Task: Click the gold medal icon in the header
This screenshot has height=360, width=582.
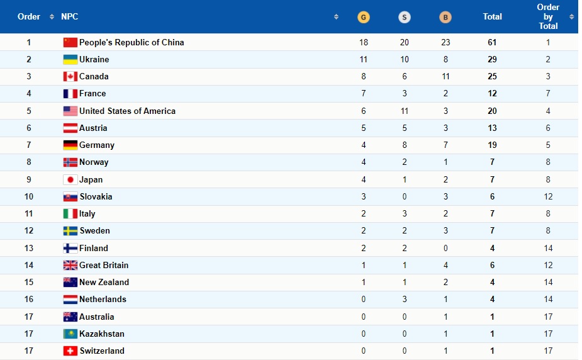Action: [363, 17]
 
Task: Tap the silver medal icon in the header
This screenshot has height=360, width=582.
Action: [405, 17]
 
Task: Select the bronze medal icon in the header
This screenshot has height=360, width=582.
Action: [445, 17]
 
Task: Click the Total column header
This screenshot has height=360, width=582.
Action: [492, 17]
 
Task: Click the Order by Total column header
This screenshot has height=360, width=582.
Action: [548, 17]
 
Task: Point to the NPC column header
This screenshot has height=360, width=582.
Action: [70, 17]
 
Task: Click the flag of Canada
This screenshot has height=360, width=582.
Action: [70, 77]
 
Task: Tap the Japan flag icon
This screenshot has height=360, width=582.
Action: [70, 179]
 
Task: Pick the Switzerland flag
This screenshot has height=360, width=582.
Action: [70, 351]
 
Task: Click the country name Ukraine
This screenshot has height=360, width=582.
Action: [94, 59]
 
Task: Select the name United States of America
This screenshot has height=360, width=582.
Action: [127, 111]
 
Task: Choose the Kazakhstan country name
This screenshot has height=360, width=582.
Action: [102, 334]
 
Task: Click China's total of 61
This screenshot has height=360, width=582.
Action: [492, 42]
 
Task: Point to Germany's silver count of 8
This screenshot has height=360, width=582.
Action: [405, 145]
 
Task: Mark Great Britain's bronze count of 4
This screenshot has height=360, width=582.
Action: [445, 265]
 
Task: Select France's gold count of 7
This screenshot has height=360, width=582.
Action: [364, 94]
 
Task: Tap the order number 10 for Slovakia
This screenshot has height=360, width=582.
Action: [29, 196]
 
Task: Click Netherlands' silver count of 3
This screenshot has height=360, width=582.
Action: [405, 299]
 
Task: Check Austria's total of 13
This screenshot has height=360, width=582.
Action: [492, 128]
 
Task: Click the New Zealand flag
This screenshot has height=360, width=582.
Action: [70, 282]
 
